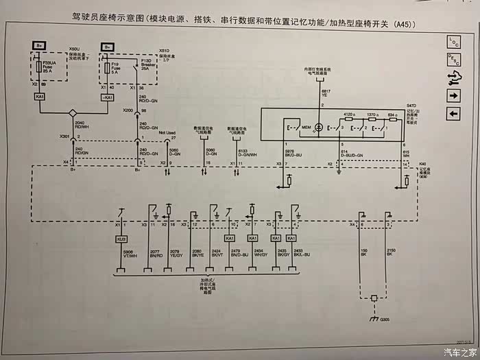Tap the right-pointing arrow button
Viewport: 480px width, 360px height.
click(x=453, y=95)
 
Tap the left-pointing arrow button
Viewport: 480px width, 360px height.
click(x=453, y=113)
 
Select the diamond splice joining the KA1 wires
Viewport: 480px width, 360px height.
click(x=73, y=112)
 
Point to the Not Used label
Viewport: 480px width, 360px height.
click(x=167, y=133)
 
